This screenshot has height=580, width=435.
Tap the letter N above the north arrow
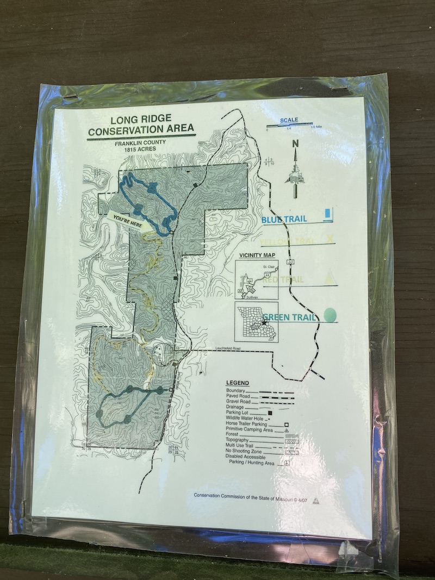point(295,144)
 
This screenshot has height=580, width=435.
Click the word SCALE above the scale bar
point(289,120)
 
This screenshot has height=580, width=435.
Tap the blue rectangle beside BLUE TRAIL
point(327,214)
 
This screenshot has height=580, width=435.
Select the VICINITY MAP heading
point(257,255)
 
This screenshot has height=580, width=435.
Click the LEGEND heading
point(237,383)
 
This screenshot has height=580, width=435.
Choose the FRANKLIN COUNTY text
point(139,143)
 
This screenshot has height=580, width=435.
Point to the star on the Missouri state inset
point(264,323)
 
